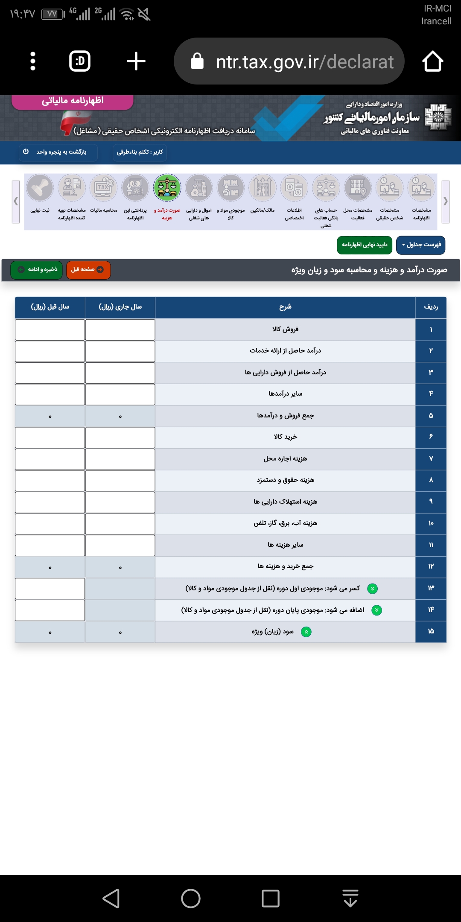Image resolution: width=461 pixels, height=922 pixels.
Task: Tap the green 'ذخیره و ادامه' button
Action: coord(37,270)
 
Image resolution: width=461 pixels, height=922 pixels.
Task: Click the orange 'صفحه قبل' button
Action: coord(88,270)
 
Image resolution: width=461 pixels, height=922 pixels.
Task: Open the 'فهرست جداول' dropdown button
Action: coord(420,245)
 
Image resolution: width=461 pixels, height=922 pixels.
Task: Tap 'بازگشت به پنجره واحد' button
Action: coord(58,152)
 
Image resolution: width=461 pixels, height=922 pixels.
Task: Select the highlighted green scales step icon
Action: coord(167,188)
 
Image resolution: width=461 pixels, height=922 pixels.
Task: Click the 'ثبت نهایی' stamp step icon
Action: coord(40,188)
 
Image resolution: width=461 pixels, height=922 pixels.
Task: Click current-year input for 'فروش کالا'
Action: coord(120,330)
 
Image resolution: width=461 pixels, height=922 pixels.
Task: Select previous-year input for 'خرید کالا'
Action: coord(50,438)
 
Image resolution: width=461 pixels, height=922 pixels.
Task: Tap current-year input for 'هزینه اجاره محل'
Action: coord(120,459)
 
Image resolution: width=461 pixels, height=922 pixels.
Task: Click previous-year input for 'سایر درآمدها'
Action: coord(50,394)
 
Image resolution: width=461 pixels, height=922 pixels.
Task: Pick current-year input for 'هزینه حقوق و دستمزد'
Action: coord(120,481)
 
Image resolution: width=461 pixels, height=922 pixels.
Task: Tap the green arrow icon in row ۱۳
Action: coord(372,589)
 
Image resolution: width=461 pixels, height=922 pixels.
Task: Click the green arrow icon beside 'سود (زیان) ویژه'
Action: coord(306,632)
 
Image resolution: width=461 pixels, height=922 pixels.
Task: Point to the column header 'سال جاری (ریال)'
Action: coord(120,307)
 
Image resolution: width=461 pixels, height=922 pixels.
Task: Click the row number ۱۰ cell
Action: coord(431,524)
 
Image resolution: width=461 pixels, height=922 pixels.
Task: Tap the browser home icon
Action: coord(432,61)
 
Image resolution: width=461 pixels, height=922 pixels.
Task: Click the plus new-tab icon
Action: coord(136,61)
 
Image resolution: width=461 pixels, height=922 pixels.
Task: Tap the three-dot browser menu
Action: coord(33,61)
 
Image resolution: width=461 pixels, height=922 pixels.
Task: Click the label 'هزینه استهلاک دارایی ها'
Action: coord(285,502)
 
